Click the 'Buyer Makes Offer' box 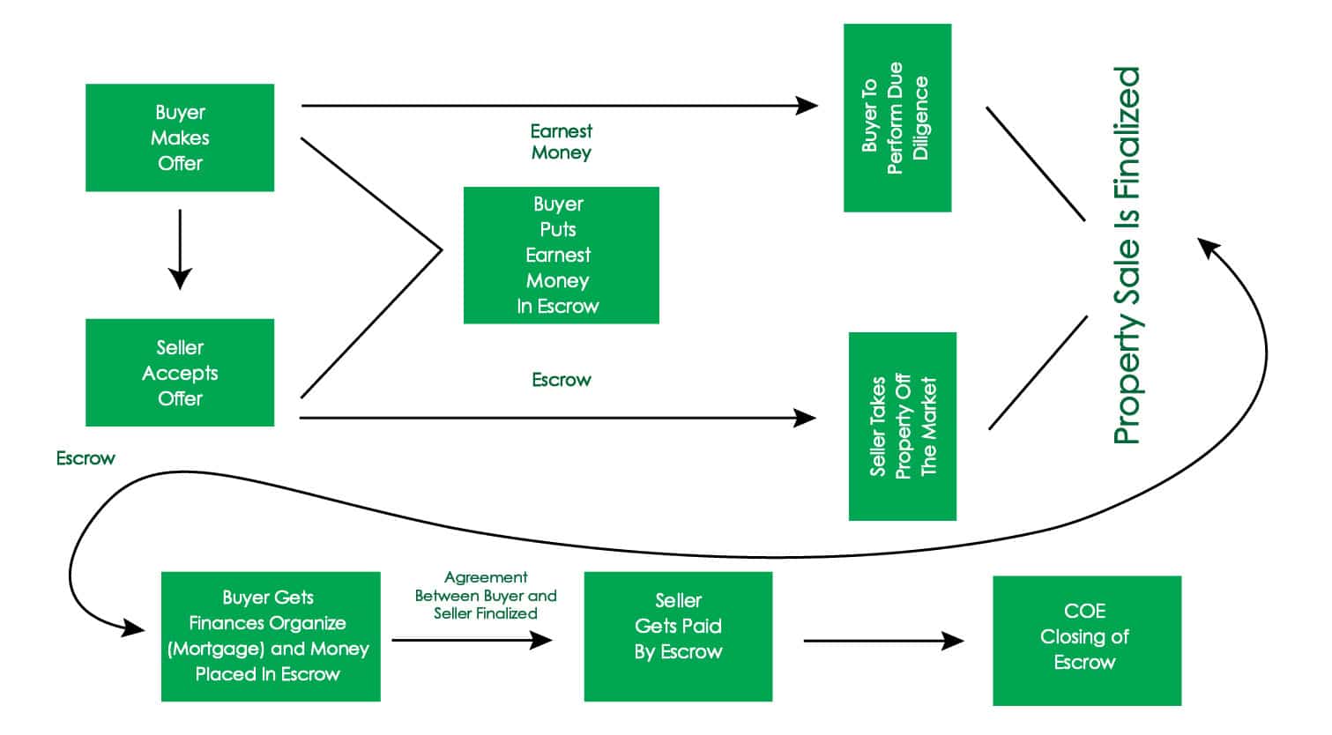point(180,137)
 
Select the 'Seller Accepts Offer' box point(180,373)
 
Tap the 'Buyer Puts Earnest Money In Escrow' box point(561,255)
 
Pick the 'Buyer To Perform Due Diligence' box point(897,117)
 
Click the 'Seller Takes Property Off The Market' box point(902,427)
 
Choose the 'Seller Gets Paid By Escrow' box point(678,636)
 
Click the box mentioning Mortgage point(270,636)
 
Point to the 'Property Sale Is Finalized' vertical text point(1127,256)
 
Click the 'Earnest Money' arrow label point(561,142)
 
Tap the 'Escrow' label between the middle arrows point(561,380)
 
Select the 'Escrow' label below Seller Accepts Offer point(86,458)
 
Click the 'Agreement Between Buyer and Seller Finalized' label point(486,595)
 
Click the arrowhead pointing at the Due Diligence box point(807,106)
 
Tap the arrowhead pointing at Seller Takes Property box point(805,418)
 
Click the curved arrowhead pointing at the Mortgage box point(133,627)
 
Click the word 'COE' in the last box point(1084,611)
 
